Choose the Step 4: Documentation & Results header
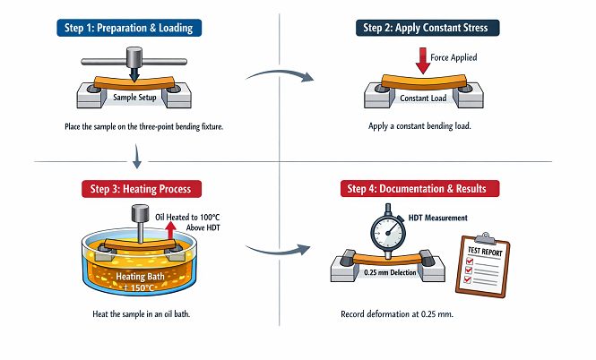click(422, 189)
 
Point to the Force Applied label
click(453, 58)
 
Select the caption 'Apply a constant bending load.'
click(419, 126)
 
